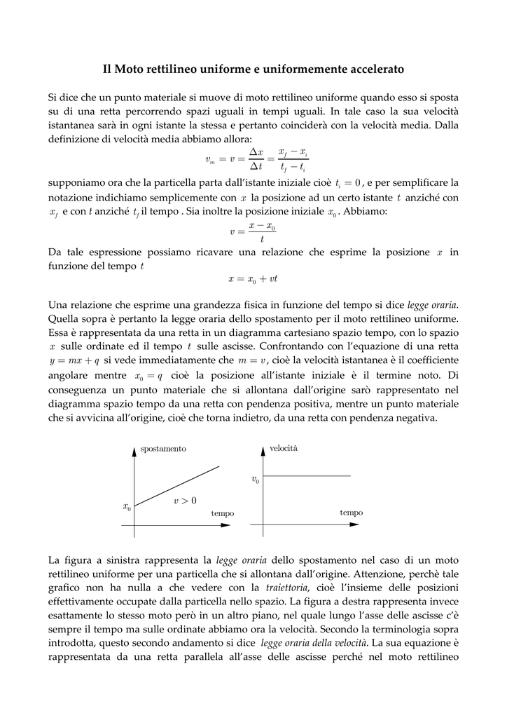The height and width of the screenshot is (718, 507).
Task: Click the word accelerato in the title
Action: pos(373,69)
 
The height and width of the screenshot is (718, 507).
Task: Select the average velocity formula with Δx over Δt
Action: pos(256,159)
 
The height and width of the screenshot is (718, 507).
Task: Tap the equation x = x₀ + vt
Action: pos(253,279)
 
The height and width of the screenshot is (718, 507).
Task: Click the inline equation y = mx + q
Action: pos(74,360)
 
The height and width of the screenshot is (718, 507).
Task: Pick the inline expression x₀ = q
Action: pos(148,374)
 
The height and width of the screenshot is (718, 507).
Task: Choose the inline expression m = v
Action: pos(253,360)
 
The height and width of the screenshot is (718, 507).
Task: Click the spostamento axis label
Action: pos(163,449)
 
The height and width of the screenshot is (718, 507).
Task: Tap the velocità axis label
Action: pos(283,448)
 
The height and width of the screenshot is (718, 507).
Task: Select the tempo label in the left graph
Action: pos(223,514)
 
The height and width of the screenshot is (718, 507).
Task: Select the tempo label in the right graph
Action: pos(351,513)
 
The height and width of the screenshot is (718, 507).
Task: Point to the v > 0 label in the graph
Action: pos(185,501)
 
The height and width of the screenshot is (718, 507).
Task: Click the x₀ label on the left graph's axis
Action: pos(127,506)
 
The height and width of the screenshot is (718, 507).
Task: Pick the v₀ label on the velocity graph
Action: pos(255,480)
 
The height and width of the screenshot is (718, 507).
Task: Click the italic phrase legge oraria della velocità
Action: pos(313,643)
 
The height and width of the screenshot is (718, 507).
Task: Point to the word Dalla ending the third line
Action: pos(445,126)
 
